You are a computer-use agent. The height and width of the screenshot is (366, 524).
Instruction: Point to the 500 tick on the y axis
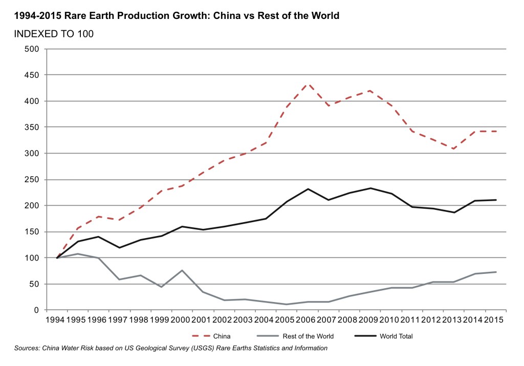click(x=32, y=49)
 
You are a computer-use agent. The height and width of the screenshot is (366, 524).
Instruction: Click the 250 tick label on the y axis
click(x=32, y=180)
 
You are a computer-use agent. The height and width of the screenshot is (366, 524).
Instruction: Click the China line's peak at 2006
click(x=308, y=83)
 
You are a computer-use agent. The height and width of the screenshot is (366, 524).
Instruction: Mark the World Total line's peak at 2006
click(x=308, y=189)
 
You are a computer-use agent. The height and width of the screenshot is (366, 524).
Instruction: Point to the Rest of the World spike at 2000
click(x=182, y=270)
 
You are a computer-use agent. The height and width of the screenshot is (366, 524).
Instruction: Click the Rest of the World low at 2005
click(x=287, y=305)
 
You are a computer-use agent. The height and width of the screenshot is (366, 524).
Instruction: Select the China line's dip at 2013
click(x=454, y=149)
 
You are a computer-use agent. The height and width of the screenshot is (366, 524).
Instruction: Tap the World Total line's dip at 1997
click(x=119, y=248)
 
